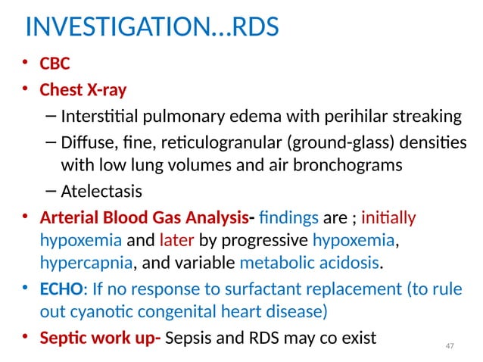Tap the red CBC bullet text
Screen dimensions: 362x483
coord(55,64)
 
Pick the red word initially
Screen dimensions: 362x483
coord(389,219)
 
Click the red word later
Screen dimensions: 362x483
coord(178,242)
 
